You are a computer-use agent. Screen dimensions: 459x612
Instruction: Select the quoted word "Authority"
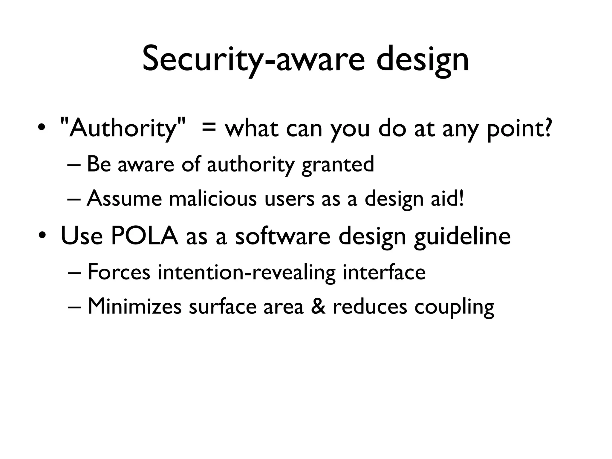(x=123, y=128)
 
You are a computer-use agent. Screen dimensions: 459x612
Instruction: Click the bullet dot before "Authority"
(x=42, y=128)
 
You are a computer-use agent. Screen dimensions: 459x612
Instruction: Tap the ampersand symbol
(x=318, y=306)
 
